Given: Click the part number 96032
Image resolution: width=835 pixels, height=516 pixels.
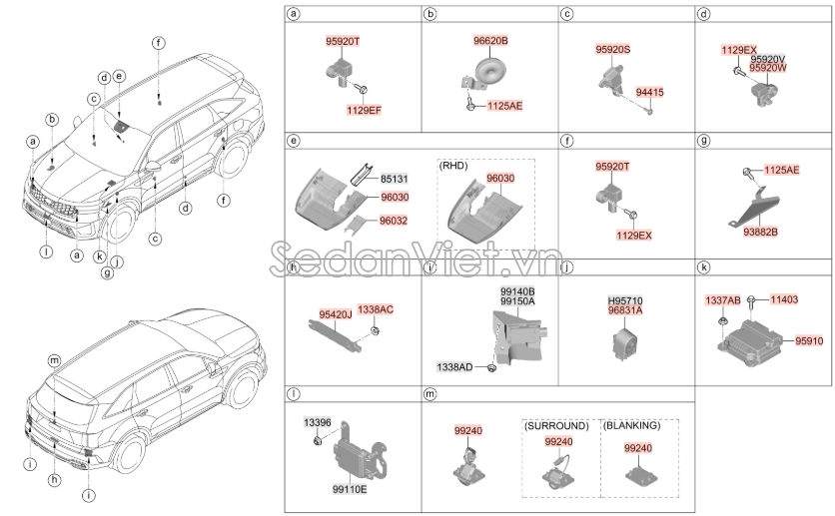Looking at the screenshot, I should (395, 222).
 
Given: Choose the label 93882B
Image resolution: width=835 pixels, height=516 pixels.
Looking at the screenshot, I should (758, 232).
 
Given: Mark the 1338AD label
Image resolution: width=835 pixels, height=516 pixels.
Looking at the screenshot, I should (453, 367).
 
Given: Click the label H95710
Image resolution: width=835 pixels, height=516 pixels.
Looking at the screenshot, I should (626, 299).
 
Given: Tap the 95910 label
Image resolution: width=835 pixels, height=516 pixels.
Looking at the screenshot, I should (810, 341).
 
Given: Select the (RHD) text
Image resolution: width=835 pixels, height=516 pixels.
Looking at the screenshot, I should (453, 163).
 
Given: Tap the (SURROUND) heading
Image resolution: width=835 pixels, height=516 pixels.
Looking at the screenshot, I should (555, 425).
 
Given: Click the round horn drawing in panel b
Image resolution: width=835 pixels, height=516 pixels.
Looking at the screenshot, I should (489, 70).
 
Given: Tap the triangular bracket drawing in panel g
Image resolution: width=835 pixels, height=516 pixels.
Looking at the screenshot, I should (760, 206).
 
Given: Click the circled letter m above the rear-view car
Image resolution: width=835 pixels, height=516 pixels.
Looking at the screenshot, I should (54, 358).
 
